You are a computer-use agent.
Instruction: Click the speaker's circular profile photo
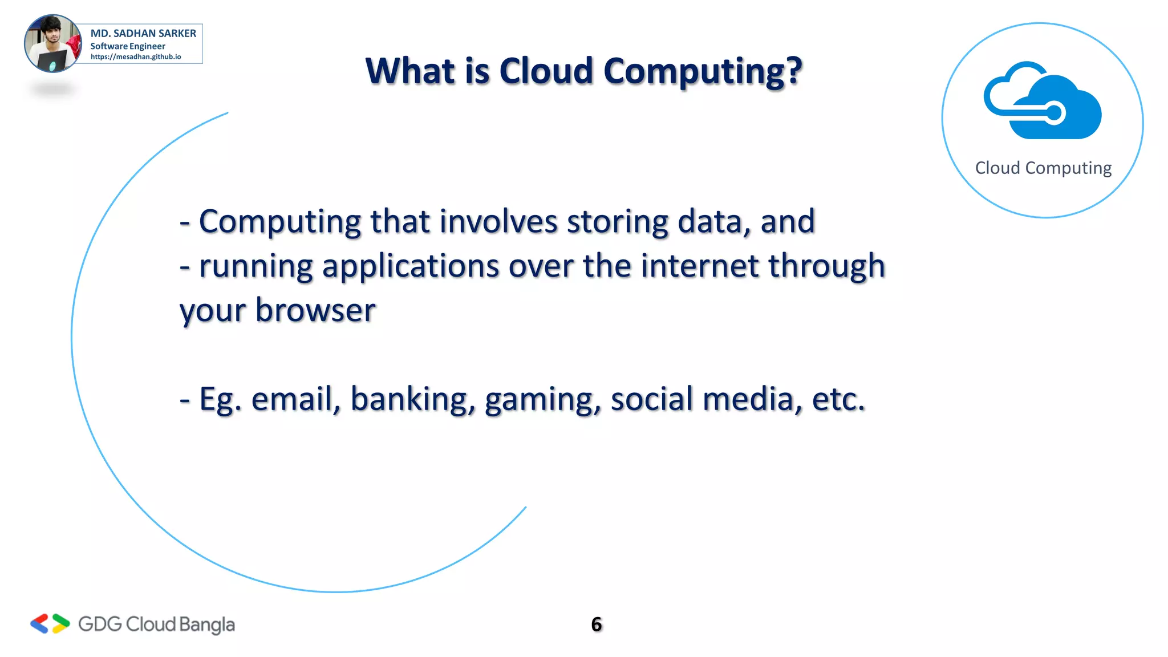(x=52, y=44)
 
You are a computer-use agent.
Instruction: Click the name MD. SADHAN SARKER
(x=143, y=33)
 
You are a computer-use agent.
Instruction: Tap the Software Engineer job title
(x=128, y=46)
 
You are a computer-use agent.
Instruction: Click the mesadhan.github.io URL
(x=136, y=56)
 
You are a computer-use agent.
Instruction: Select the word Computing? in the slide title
(x=702, y=72)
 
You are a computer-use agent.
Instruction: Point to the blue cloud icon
(x=1043, y=101)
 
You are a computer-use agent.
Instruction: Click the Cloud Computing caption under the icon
(x=1043, y=168)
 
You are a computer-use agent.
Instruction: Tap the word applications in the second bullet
(x=411, y=267)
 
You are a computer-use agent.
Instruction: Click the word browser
(x=315, y=310)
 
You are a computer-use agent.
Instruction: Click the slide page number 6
(x=597, y=624)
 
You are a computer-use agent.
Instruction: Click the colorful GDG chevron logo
(x=50, y=624)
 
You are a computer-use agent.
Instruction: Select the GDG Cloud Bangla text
(x=156, y=624)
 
